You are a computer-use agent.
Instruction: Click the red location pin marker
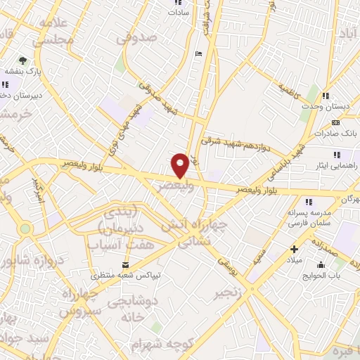(180, 165)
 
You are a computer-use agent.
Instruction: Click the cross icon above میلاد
(294, 248)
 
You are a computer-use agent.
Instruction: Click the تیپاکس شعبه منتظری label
(125, 276)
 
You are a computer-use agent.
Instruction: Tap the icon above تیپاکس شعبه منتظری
(125, 264)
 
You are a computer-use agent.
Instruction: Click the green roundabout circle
(25, 229)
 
